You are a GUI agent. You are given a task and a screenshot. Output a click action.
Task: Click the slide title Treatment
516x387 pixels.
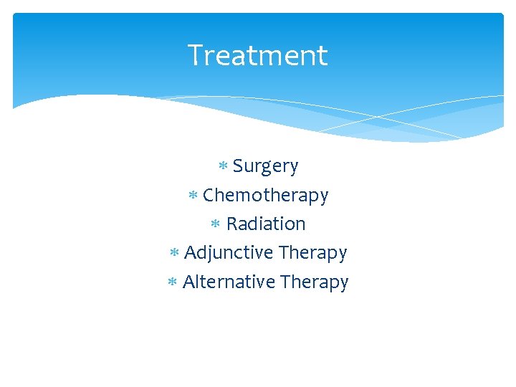pyautogui.click(x=257, y=56)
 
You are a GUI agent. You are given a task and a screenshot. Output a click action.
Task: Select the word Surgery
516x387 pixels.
pyautogui.click(x=265, y=166)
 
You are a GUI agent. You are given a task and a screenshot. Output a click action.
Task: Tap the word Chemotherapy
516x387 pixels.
pyautogui.click(x=265, y=195)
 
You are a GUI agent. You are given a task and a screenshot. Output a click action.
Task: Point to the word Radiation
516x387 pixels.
pyautogui.click(x=266, y=224)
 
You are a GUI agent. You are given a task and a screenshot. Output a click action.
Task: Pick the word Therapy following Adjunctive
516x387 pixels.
pyautogui.click(x=312, y=253)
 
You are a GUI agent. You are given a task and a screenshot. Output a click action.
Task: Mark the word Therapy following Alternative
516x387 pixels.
pyautogui.click(x=314, y=282)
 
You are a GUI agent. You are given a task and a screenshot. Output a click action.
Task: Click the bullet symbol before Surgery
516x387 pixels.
pyautogui.click(x=223, y=166)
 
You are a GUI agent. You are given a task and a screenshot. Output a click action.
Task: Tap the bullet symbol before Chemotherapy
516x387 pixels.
pyautogui.click(x=193, y=195)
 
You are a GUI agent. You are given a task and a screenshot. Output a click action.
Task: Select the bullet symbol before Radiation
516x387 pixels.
pyautogui.click(x=216, y=224)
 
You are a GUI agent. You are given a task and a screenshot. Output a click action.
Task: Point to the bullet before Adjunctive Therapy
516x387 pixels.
pyautogui.click(x=174, y=253)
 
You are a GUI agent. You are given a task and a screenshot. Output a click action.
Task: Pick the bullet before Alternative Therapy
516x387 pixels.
pyautogui.click(x=172, y=282)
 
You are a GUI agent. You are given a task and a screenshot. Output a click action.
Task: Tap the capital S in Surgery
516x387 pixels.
pyautogui.click(x=238, y=166)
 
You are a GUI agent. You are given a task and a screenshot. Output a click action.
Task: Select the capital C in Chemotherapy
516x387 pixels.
pyautogui.click(x=209, y=195)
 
